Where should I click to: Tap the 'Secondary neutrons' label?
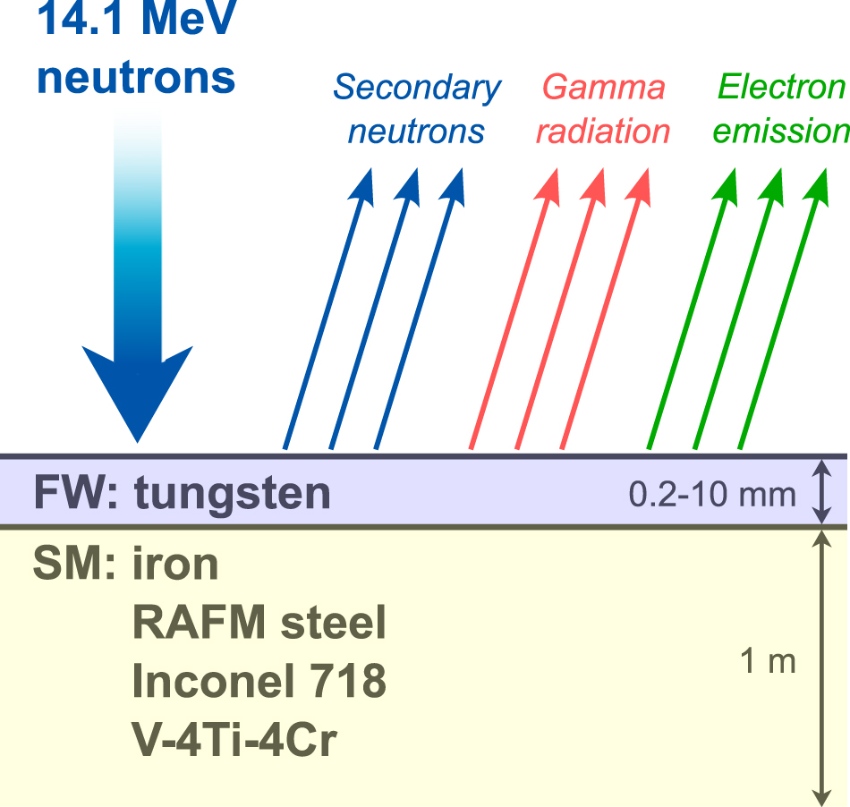pos(417,110)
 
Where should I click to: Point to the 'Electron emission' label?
pos(780,110)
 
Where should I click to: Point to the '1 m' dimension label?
pos(768,663)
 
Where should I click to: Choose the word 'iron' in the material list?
pos(175,565)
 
